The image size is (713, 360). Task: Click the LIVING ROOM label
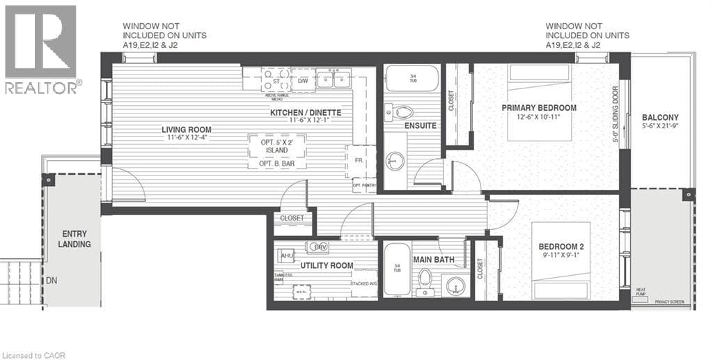(186, 130)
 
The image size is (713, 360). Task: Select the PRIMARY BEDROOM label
(539, 108)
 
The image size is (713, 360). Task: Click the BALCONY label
(660, 117)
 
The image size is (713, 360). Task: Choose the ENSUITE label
(420, 126)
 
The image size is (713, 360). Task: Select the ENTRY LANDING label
(75, 239)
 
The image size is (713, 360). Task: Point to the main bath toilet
(425, 280)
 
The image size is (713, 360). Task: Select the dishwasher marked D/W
(303, 80)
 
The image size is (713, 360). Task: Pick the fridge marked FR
(359, 161)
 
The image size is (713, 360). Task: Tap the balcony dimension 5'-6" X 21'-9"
(660, 127)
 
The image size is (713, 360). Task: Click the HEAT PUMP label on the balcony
(641, 292)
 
